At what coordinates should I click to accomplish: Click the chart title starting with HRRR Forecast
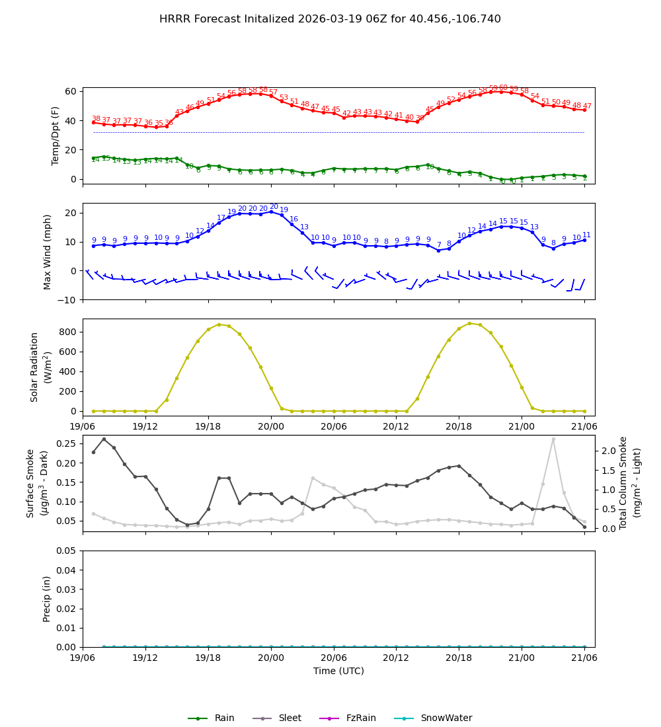(x=330, y=19)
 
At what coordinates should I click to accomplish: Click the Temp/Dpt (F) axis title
(x=56, y=135)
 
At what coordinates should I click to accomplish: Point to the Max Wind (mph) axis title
(x=48, y=252)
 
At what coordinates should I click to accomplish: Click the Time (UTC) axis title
(x=338, y=671)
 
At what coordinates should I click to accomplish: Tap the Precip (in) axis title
(x=47, y=599)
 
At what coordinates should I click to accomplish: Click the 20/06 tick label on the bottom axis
(x=334, y=658)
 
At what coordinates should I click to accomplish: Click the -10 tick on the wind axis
(x=67, y=300)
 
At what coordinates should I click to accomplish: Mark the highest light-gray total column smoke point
(x=553, y=439)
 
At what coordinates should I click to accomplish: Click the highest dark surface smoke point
(x=104, y=439)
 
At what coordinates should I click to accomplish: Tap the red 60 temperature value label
(x=503, y=88)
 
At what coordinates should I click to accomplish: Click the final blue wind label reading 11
(x=586, y=235)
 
